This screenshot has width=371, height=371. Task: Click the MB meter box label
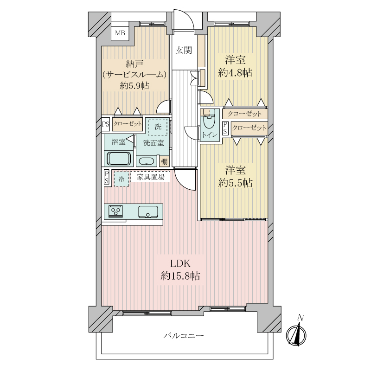pos(120,33)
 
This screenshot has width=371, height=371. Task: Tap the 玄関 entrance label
pos(184,50)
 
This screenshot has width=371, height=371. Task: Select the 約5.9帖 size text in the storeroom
pos(134,86)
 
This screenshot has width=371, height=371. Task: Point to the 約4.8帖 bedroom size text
pos(235,73)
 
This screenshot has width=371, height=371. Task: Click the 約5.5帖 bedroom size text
pos(235,183)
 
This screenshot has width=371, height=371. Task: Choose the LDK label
pos(180,263)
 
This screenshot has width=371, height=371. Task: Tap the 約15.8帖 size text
pos(180,276)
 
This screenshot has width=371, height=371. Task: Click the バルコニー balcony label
pos(184,335)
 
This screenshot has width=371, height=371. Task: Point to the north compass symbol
pos(296,333)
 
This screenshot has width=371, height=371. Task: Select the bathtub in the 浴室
pos(119,158)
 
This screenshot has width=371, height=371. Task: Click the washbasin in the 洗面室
pos(147,161)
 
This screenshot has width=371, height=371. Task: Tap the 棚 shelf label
pos(164,161)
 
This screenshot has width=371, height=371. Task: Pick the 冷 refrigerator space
pos(122,179)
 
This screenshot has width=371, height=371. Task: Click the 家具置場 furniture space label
pos(150,177)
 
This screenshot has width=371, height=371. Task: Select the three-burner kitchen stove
pos(115,211)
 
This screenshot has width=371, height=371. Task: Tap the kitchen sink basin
pos(148,211)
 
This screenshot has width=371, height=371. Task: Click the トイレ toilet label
pos(210,135)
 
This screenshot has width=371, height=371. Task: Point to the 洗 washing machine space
pos(158,127)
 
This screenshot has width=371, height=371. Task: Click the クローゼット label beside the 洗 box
pos(128,123)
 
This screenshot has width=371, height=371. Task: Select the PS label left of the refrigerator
pos(107,177)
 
